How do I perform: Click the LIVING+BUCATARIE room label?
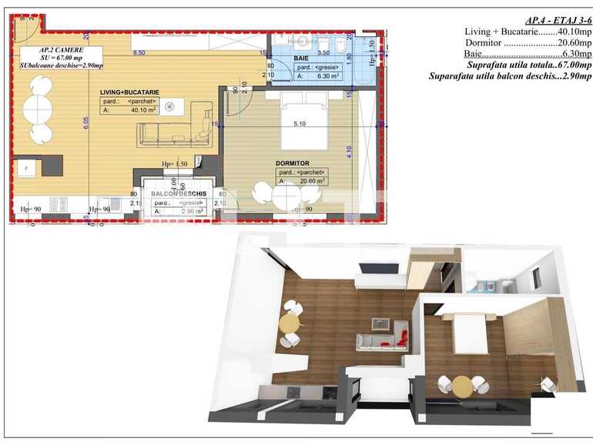click(129, 92)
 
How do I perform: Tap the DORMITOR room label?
click(292, 163)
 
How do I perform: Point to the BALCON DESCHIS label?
click(178, 193)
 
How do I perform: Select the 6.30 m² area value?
click(324, 76)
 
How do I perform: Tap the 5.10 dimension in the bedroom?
click(300, 123)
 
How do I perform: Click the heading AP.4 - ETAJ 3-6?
click(557, 20)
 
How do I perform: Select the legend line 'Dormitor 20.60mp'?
click(528, 43)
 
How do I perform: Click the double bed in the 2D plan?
click(296, 120)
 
